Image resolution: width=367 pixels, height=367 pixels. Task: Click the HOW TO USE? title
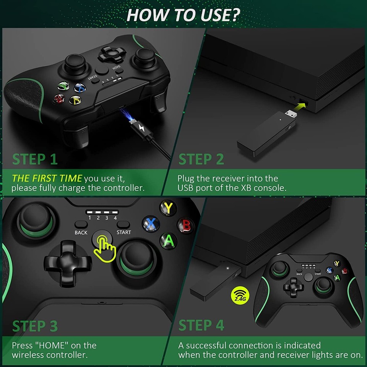point(183,15)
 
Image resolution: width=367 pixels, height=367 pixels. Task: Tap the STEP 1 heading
point(35,159)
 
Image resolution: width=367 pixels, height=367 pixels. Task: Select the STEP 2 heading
point(201,159)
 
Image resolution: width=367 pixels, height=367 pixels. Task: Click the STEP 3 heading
point(35,326)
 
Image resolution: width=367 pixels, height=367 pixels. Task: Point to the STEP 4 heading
point(201,325)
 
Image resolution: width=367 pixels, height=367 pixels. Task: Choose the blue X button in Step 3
point(151,223)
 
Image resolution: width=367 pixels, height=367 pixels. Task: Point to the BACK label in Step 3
point(81,232)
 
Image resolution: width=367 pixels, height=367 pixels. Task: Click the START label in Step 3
point(123,232)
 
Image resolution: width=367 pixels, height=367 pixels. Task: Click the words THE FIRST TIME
point(47,178)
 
